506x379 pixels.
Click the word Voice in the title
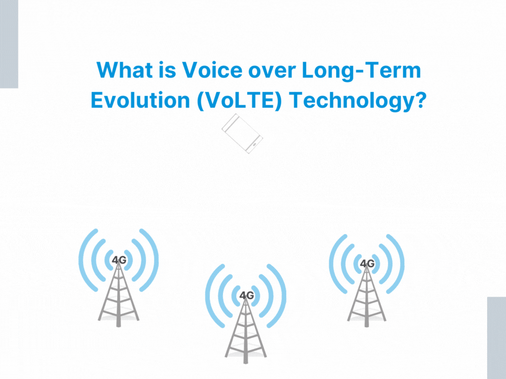coord(212,70)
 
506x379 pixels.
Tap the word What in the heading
coord(125,70)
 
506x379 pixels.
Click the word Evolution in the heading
coord(140,100)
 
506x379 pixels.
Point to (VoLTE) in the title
coord(239,101)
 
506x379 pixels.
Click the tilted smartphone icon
coord(242,133)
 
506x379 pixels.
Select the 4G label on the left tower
coord(119,260)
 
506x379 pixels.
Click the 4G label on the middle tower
coord(247,295)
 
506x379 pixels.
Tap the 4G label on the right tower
coord(367,264)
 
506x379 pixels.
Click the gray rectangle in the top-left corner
coord(9,44)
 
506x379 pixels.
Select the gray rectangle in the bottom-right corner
coord(497,338)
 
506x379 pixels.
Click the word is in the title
coord(167,70)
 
